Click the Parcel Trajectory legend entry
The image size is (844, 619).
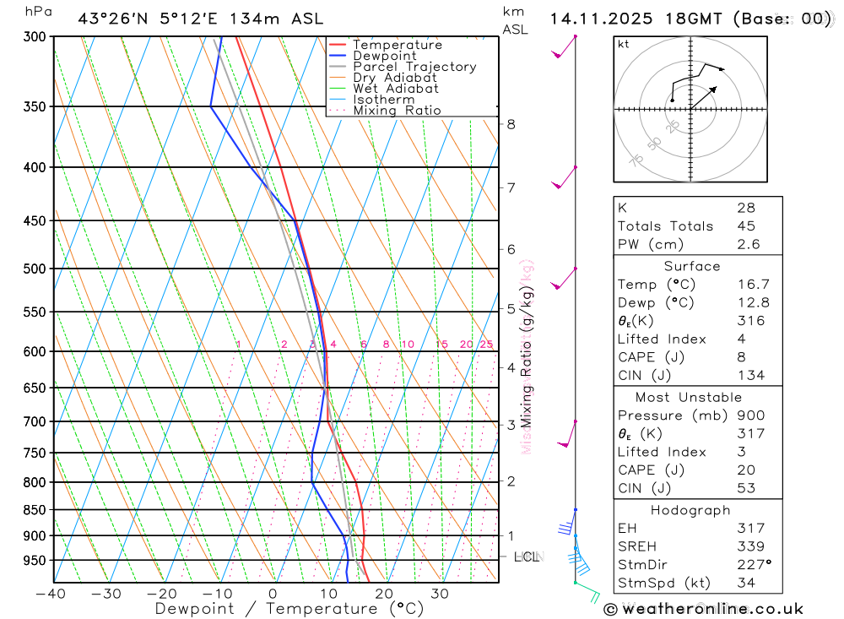[414, 67]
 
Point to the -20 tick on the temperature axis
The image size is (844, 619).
[162, 594]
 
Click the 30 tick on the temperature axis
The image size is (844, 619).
[439, 594]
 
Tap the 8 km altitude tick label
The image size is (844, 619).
[511, 124]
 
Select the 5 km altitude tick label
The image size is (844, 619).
[511, 309]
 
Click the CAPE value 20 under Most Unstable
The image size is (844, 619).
[745, 470]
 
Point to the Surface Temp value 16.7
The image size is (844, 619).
[753, 285]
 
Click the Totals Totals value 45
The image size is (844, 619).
[745, 225]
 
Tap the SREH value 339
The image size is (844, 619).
[749, 546]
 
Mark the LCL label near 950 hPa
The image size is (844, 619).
[527, 557]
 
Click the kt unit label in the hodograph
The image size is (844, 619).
[624, 45]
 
